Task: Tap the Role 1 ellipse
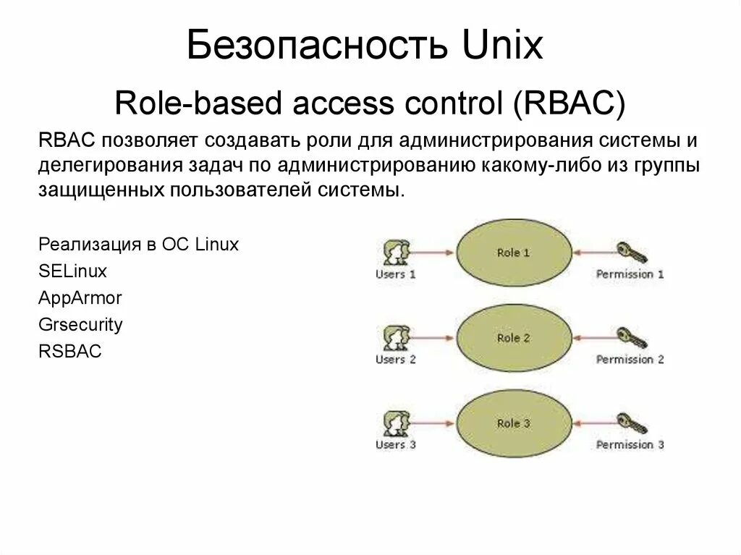[514, 253]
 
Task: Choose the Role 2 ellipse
[514, 338]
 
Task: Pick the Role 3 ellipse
[514, 423]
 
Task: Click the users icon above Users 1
[396, 253]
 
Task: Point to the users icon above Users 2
[396, 338]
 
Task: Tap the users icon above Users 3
[396, 423]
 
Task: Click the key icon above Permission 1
[631, 253]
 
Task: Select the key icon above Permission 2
[631, 338]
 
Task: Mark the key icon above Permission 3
[631, 423]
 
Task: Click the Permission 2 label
[630, 360]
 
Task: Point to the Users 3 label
[396, 444]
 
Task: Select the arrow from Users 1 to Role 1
[433, 253]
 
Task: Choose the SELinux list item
[72, 271]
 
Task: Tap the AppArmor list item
[80, 298]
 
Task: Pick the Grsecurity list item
[80, 324]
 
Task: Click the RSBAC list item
[70, 352]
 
